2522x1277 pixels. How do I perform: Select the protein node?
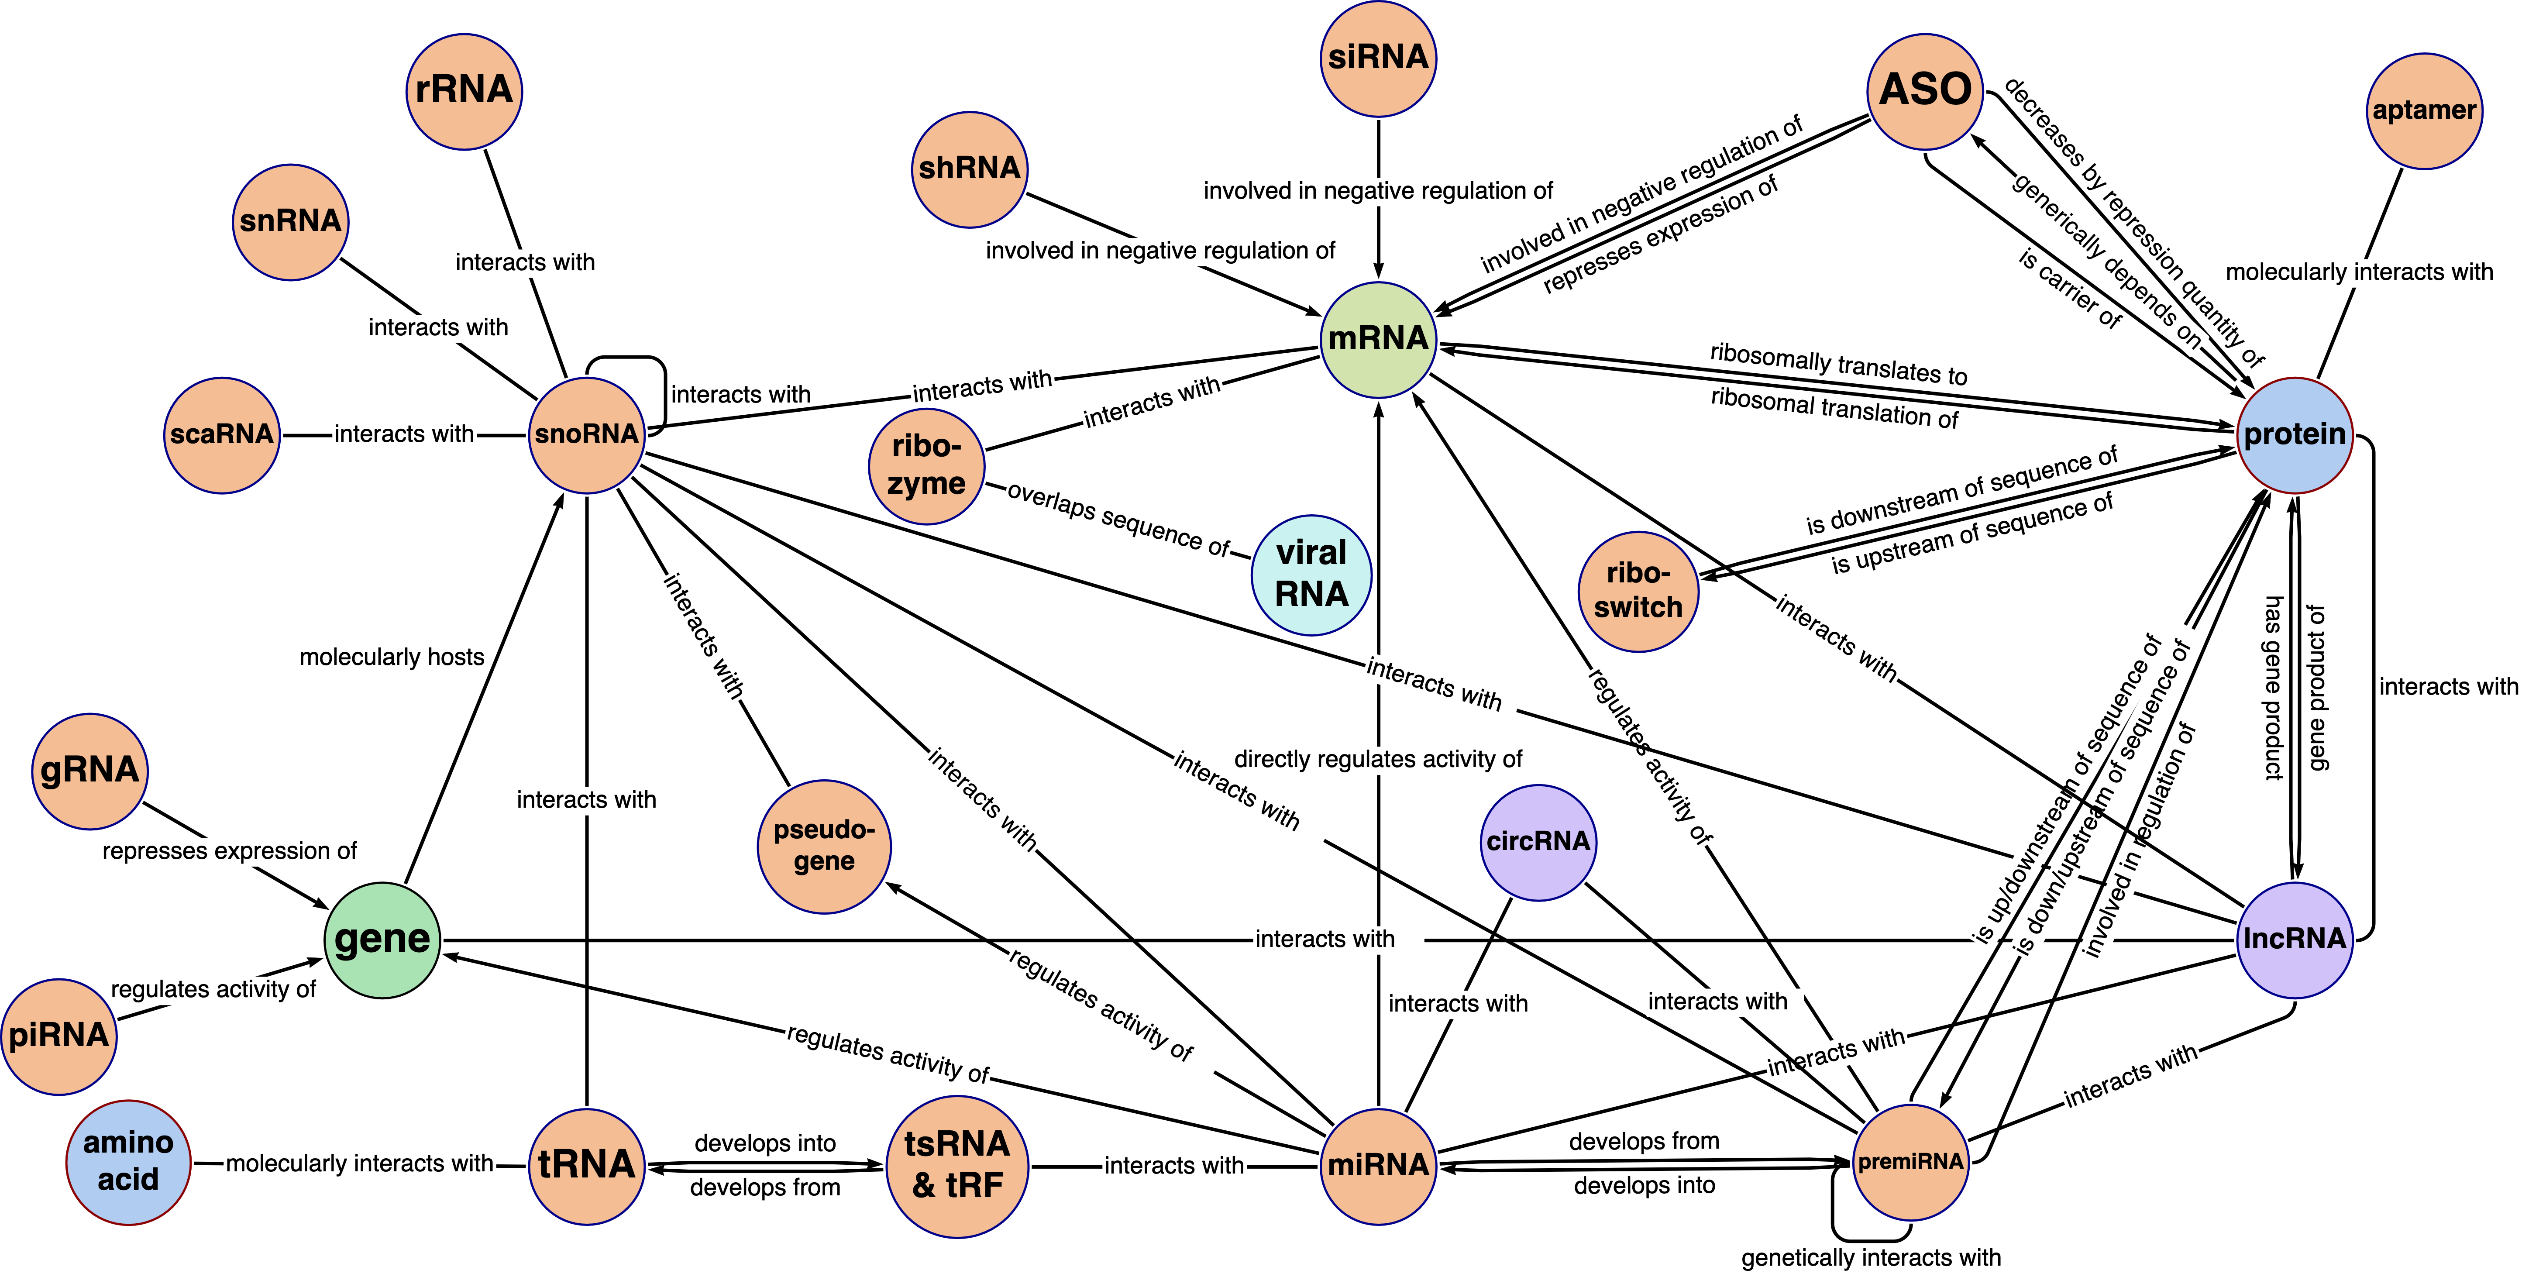pos(2294,435)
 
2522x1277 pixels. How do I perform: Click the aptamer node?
pos(2424,110)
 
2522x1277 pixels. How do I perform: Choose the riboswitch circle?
pos(1638,592)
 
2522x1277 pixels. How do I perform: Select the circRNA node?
pos(1538,842)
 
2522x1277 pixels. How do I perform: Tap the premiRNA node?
pos(1910,1163)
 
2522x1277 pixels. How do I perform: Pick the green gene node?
pos(382,940)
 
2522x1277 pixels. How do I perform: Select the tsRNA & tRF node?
pos(957,1165)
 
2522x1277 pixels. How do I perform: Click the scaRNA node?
pos(221,435)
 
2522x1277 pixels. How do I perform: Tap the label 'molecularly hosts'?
pos(392,657)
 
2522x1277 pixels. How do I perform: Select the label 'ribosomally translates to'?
pos(1837,364)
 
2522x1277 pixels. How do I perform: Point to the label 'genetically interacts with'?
pos(1870,1257)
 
